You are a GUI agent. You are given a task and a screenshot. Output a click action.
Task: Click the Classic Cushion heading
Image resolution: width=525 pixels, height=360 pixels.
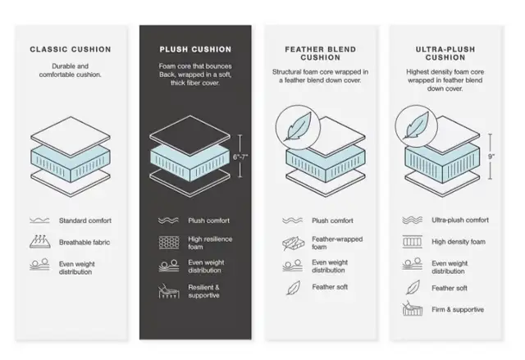(x=71, y=49)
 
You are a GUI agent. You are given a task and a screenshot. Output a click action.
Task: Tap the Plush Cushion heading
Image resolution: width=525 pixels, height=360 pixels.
(x=195, y=49)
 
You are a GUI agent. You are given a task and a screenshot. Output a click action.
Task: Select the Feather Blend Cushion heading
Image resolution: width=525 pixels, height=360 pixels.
(x=321, y=53)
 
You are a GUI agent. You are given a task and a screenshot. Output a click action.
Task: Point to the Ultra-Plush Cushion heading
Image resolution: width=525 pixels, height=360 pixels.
(x=445, y=53)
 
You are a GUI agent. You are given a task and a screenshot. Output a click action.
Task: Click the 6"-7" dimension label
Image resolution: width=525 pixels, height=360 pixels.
(x=240, y=157)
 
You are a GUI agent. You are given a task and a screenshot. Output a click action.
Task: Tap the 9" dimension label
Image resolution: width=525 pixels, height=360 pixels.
(x=491, y=157)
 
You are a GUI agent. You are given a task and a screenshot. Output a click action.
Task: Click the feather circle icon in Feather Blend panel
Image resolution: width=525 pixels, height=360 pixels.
(x=298, y=127)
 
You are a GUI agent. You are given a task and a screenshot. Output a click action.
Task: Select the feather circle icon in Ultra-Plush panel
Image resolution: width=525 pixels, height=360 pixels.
(x=416, y=126)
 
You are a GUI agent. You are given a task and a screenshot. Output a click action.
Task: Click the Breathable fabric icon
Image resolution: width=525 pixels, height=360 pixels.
(x=40, y=242)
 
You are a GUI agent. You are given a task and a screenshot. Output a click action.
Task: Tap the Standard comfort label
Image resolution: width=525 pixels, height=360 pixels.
(x=85, y=221)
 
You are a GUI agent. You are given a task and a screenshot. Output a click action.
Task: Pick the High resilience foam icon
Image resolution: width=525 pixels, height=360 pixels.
(x=169, y=243)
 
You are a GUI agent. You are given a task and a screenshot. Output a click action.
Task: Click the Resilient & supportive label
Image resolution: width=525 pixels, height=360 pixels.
(x=203, y=291)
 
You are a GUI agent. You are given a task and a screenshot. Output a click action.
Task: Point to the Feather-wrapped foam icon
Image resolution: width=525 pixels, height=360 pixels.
(x=294, y=244)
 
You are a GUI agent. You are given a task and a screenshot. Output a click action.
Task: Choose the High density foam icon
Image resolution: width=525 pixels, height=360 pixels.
(x=412, y=242)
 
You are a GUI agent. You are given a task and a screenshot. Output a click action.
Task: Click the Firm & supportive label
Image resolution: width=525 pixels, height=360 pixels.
(x=458, y=309)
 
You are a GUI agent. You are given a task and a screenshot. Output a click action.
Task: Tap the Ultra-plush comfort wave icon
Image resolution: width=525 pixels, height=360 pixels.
(x=412, y=220)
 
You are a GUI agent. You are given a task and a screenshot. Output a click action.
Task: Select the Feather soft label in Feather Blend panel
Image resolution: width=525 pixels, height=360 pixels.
(x=330, y=287)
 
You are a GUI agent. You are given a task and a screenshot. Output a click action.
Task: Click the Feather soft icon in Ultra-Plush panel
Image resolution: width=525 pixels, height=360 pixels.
(x=413, y=287)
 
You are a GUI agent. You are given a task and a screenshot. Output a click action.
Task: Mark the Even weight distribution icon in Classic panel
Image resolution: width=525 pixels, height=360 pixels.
(x=39, y=264)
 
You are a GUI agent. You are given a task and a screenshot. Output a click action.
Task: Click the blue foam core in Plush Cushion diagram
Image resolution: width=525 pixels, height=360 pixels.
(x=190, y=163)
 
